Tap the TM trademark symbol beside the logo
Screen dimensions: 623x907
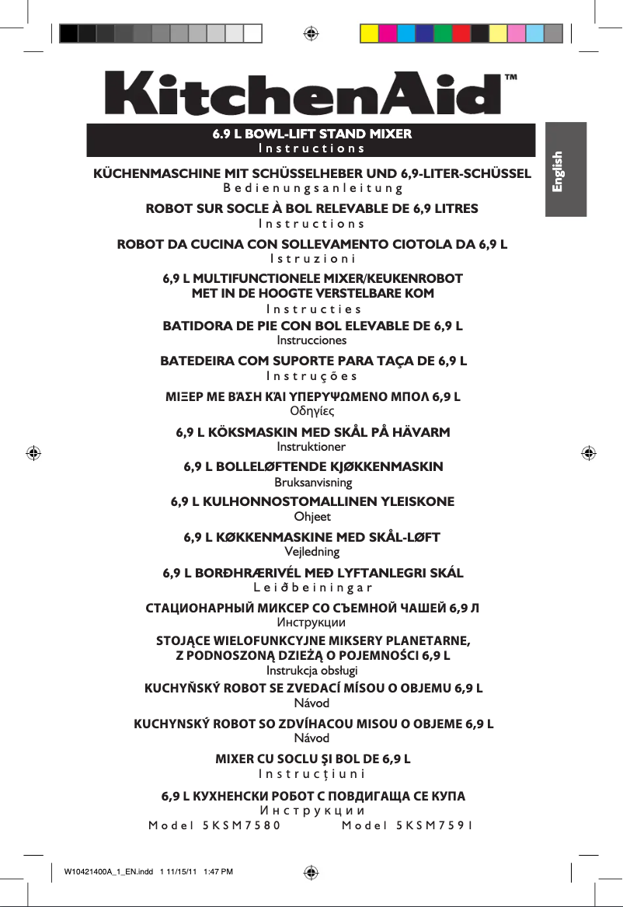click(511, 78)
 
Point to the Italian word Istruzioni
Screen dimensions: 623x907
click(311, 258)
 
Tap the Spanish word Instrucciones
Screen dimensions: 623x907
click(311, 340)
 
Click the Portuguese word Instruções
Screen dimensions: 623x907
click(311, 376)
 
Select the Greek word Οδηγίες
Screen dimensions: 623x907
click(311, 411)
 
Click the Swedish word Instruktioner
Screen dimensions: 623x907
click(311, 447)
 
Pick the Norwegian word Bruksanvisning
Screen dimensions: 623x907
click(311, 482)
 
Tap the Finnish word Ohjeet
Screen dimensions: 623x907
click(311, 516)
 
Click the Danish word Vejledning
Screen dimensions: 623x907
click(311, 552)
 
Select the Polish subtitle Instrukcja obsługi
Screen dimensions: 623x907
click(311, 671)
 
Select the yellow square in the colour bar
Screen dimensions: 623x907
click(369, 33)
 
